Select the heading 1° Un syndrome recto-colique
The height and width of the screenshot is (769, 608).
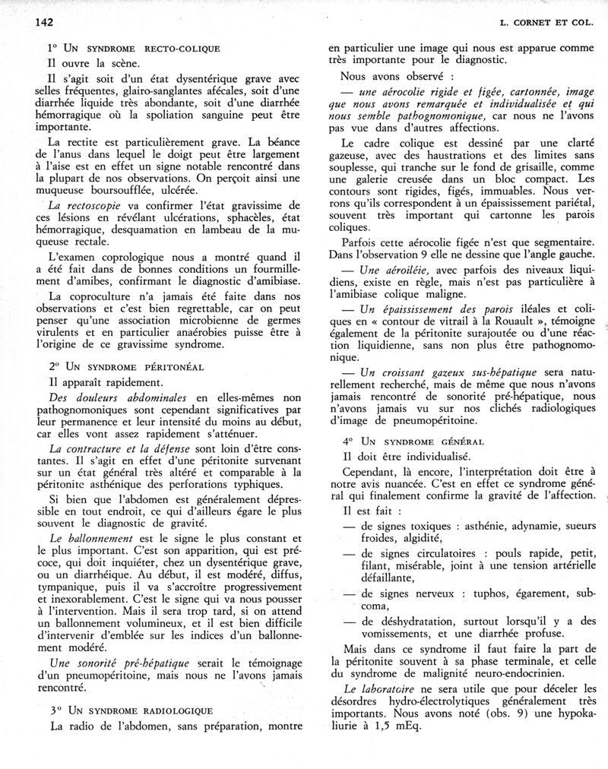tap(134, 48)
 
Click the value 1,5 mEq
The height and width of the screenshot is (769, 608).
tap(401, 724)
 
